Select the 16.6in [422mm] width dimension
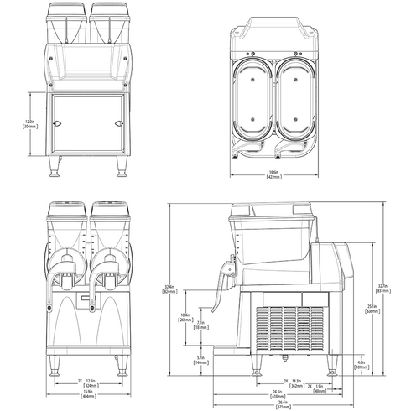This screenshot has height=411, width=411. (x=274, y=174)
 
